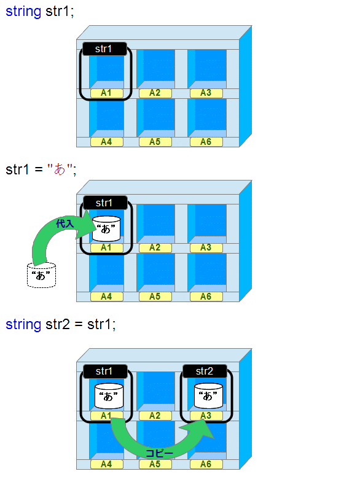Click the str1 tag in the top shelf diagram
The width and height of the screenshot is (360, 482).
coord(104,49)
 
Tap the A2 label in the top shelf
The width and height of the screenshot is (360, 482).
coord(155,93)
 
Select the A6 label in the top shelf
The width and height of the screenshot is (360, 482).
coord(206,142)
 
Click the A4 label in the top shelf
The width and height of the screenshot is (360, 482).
coord(107,142)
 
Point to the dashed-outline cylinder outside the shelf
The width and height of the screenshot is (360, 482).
coord(42,275)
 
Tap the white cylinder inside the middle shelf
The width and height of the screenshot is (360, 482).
coord(106,228)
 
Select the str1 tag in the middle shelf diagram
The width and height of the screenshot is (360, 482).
coord(105,203)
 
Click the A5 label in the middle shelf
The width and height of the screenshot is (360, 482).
coord(155,297)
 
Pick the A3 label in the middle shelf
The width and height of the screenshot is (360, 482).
coord(206,247)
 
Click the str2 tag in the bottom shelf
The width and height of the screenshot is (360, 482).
coord(205,371)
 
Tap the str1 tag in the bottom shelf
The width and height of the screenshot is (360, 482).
coord(105,371)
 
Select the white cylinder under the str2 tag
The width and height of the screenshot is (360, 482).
coord(208,395)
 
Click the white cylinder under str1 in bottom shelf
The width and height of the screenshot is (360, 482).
coord(109,396)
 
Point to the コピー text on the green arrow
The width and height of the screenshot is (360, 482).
coord(159,453)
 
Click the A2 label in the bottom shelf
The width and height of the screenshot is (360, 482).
coord(155,416)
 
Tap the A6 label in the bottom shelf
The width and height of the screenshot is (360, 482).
coord(206,464)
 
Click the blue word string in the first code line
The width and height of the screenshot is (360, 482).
coord(23,12)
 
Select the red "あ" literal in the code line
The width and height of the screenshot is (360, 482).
coord(60,169)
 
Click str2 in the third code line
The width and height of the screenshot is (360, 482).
coord(58,324)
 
